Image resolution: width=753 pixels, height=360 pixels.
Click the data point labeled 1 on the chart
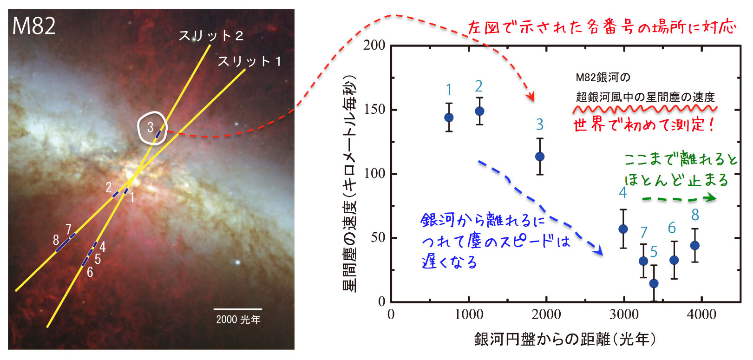(449, 118)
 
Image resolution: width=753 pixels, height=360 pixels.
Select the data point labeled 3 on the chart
(540, 157)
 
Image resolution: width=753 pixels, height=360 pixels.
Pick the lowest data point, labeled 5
(654, 283)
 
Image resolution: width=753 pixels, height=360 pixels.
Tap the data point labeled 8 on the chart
(695, 245)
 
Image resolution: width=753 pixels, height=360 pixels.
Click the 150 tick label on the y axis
(375, 110)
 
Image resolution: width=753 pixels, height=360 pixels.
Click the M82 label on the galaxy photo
(34, 26)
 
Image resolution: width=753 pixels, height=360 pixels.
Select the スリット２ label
(211, 36)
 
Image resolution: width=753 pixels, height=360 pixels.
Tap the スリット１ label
(250, 61)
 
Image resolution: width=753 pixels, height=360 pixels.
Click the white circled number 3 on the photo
(151, 127)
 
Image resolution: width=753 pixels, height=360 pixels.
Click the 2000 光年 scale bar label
(238, 320)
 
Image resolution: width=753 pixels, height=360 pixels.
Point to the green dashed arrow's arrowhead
(711, 198)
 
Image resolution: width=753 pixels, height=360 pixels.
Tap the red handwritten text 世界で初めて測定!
(644, 125)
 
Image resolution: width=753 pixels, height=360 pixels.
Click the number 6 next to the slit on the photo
(90, 273)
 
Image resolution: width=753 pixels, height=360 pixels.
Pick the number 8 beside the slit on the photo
(56, 240)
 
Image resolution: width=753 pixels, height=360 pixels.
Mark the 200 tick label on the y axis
(375, 46)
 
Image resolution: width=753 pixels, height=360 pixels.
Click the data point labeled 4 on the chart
(623, 229)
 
